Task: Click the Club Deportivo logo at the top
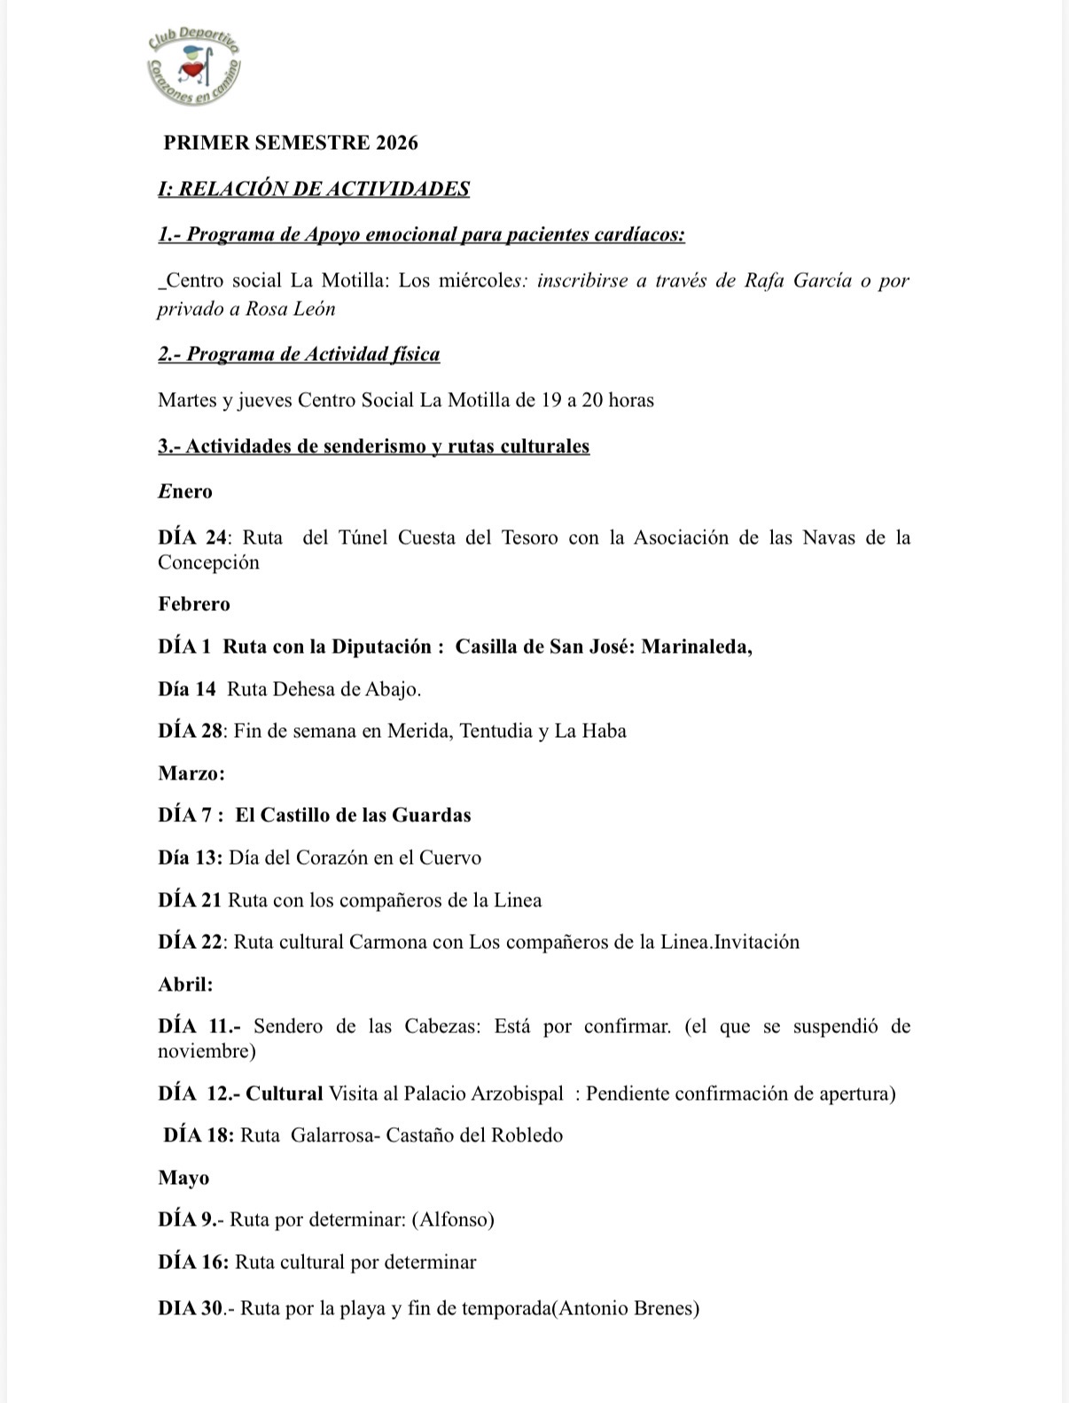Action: click(195, 66)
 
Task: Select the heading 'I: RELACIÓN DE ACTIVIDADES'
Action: click(314, 189)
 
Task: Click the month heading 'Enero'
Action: click(185, 491)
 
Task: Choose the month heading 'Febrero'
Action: click(194, 604)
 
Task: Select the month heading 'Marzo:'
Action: click(191, 773)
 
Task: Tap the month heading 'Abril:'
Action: click(185, 984)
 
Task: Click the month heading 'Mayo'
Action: click(183, 1178)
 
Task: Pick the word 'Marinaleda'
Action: click(695, 647)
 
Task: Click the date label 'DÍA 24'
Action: click(192, 537)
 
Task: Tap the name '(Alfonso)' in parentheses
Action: click(453, 1219)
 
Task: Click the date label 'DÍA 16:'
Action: click(193, 1262)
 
